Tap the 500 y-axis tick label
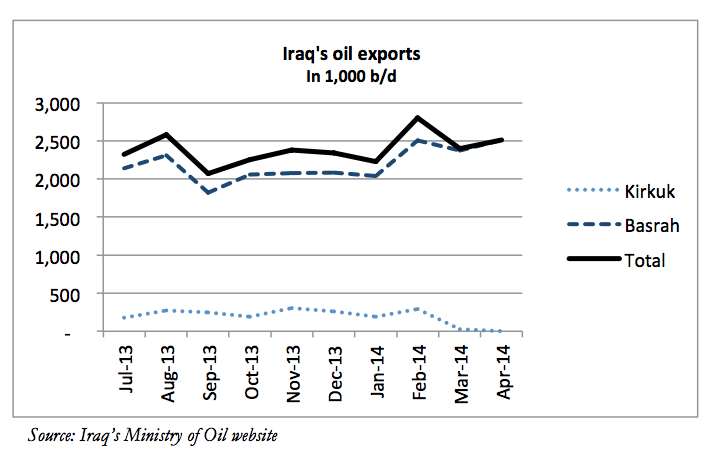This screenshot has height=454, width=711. pos(67,293)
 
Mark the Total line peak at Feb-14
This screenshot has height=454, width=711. pos(415,118)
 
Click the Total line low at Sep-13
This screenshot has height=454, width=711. pos(209,173)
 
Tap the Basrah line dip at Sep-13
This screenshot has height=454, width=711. pos(209,192)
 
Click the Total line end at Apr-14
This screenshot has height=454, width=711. pos(502,140)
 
